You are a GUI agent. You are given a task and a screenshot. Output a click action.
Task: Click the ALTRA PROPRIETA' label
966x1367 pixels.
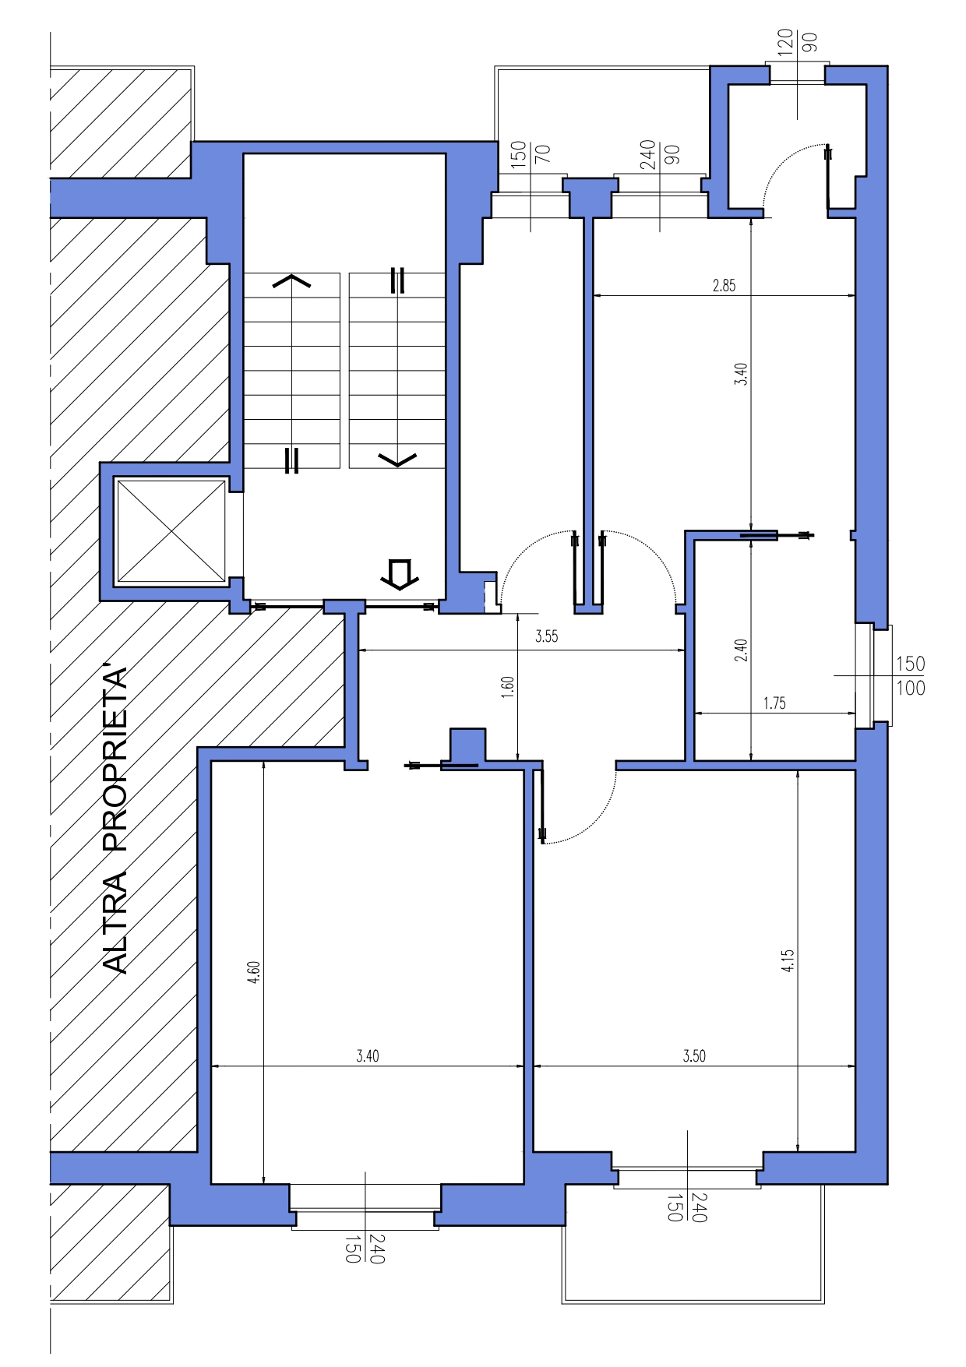point(115,819)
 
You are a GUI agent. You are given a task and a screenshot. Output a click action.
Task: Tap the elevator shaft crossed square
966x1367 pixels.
point(171,531)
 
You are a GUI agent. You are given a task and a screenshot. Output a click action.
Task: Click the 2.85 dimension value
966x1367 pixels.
point(724,286)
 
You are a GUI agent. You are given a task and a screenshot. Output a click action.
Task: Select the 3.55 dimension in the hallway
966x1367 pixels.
point(546,636)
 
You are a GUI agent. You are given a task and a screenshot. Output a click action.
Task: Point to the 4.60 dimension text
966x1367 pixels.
point(254,972)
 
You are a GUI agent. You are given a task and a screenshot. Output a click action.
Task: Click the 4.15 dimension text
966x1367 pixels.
point(788,960)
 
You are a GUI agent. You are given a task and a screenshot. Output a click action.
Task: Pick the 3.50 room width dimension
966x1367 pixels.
point(694,1056)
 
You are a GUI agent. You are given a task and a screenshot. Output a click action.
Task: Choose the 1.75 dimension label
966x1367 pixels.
point(774,703)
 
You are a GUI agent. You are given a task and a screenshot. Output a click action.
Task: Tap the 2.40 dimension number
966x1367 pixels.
point(741,650)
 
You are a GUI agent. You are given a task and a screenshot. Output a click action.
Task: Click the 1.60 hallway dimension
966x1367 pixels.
point(507,687)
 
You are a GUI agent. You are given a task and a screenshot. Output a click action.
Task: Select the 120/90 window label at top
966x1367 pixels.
point(797,41)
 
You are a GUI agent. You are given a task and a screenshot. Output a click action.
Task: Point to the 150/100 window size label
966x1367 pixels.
point(910,675)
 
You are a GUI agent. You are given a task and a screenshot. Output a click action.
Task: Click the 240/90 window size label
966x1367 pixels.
point(659,152)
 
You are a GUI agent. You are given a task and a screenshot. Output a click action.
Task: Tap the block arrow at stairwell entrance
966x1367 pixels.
point(400,574)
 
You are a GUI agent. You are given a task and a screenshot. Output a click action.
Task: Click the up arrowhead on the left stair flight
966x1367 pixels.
point(291,280)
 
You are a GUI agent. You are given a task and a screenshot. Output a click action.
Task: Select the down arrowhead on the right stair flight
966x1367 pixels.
point(397,460)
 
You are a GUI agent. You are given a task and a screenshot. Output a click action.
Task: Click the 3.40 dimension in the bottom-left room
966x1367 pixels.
point(368,1056)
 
